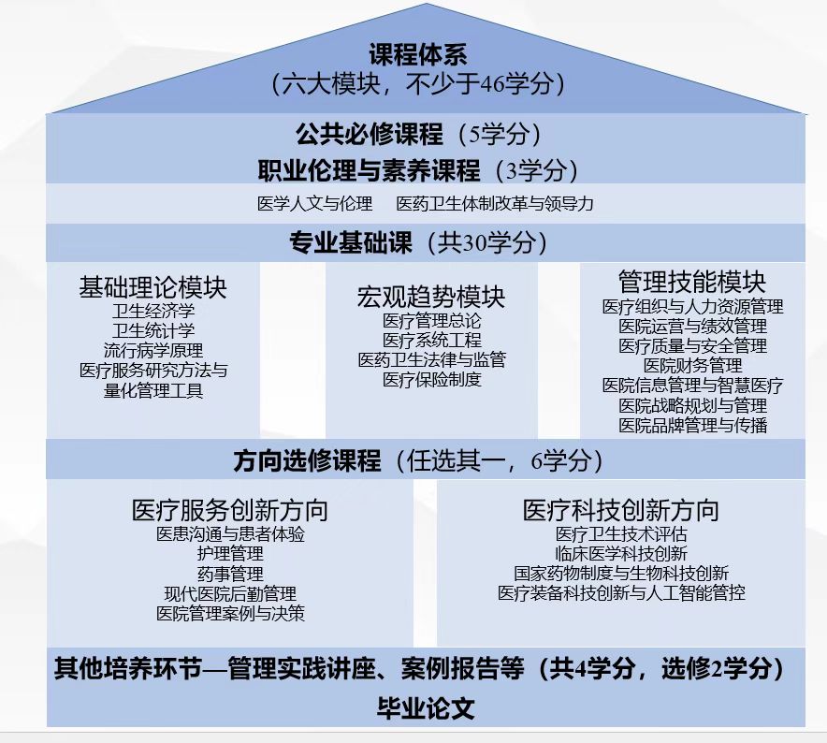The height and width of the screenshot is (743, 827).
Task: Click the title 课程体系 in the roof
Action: (x=418, y=54)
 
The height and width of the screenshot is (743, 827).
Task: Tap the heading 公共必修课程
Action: (x=370, y=134)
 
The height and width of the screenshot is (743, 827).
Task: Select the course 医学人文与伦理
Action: (x=315, y=204)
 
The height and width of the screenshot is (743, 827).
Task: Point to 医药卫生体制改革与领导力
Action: (x=495, y=204)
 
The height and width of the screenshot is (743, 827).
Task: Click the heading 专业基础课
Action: (x=350, y=242)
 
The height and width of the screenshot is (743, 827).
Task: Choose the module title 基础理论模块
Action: (x=152, y=287)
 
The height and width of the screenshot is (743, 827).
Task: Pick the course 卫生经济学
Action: (x=152, y=311)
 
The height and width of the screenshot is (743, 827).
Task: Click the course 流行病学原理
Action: (x=152, y=350)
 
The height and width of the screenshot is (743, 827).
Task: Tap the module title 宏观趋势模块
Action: (x=431, y=297)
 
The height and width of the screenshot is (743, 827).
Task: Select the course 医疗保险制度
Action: (x=432, y=379)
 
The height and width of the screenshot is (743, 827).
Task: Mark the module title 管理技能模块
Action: (x=692, y=282)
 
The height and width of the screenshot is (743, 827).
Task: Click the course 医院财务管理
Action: (x=692, y=365)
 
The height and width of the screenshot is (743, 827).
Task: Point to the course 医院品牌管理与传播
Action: (x=692, y=425)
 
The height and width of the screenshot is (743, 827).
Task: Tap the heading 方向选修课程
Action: (x=307, y=461)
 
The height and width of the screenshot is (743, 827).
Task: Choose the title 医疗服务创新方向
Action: (x=230, y=510)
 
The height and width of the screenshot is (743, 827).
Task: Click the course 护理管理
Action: (x=230, y=554)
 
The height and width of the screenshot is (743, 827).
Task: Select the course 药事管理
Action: (x=230, y=574)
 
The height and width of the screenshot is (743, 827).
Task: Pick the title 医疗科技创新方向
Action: (x=621, y=510)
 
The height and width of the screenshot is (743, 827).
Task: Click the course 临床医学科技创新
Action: (x=621, y=554)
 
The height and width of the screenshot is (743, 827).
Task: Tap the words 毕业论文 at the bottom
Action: (x=426, y=708)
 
